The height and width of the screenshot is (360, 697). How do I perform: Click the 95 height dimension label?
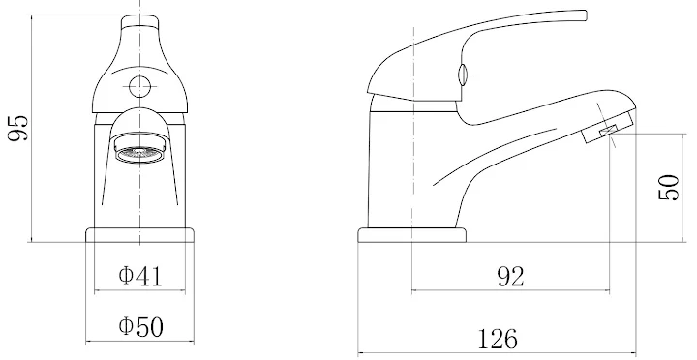(x=18, y=127)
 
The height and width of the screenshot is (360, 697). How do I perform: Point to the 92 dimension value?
(x=510, y=277)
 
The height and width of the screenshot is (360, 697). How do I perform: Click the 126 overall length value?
(x=497, y=339)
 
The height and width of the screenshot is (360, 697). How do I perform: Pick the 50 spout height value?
(x=669, y=187)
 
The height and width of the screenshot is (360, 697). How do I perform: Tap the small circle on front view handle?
(x=139, y=85)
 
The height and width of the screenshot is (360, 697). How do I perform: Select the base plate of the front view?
(x=139, y=235)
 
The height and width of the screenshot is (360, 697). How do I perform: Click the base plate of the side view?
(x=411, y=235)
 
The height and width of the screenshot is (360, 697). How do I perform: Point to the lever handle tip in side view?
(x=579, y=15)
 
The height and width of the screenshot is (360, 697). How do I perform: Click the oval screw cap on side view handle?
(x=463, y=72)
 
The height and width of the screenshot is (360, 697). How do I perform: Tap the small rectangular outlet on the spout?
(x=609, y=130)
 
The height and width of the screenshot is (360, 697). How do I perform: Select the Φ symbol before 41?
(x=125, y=277)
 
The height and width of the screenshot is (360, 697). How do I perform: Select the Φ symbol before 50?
(x=125, y=327)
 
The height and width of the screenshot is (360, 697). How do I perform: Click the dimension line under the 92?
(x=510, y=290)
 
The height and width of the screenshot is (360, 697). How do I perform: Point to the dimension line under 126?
(x=497, y=353)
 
